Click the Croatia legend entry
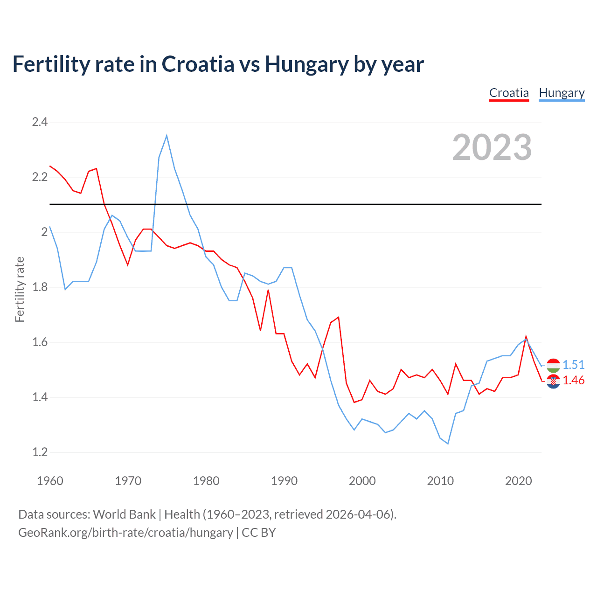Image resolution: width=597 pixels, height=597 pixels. pyautogui.click(x=509, y=93)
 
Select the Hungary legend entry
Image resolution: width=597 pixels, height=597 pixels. pyautogui.click(x=562, y=93)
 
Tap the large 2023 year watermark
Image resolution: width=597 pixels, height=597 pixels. pyautogui.click(x=492, y=147)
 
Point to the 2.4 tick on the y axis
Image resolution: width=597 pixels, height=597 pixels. pyautogui.click(x=40, y=122)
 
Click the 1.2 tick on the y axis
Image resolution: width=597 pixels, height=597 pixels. pyautogui.click(x=40, y=452)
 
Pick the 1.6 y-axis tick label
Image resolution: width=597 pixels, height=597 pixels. pyautogui.click(x=40, y=342)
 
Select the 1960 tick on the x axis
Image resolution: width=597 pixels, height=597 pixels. pyautogui.click(x=50, y=481)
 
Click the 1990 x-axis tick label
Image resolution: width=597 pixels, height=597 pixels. pyautogui.click(x=284, y=481)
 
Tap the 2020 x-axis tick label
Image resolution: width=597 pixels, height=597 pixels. pyautogui.click(x=518, y=481)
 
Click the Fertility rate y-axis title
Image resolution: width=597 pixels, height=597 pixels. pyautogui.click(x=20, y=289)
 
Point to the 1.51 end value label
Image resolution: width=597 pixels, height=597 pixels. pyautogui.click(x=573, y=365)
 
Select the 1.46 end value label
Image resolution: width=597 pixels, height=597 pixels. pyautogui.click(x=573, y=381)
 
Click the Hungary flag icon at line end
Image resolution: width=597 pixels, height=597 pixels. pyautogui.click(x=553, y=365)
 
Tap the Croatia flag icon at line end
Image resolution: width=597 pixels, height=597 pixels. pyautogui.click(x=553, y=381)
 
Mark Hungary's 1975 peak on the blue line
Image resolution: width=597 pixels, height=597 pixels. pyautogui.click(x=167, y=136)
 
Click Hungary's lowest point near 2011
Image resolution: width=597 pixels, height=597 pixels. pyautogui.click(x=448, y=444)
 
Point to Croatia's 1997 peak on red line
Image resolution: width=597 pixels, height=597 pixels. pyautogui.click(x=339, y=317)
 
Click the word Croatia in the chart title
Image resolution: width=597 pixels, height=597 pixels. pyautogui.click(x=198, y=64)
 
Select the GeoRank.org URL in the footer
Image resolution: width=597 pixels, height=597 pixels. pyautogui.click(x=125, y=533)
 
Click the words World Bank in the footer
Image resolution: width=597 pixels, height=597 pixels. pyautogui.click(x=124, y=514)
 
